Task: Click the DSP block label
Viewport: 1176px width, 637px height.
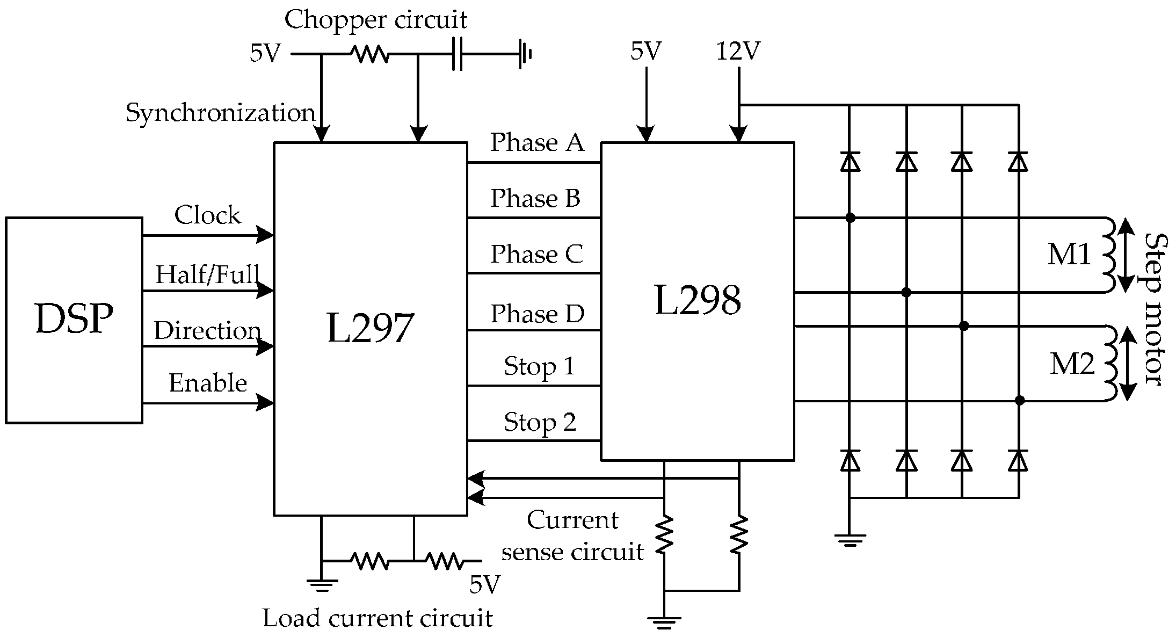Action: coord(74,319)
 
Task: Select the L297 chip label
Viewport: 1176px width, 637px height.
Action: coord(370,329)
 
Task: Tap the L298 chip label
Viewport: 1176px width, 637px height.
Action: coord(697,300)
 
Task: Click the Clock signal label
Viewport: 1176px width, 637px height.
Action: coord(207,215)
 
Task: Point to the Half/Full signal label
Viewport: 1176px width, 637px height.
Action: coord(207,275)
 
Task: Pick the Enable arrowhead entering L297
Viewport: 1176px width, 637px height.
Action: coord(265,402)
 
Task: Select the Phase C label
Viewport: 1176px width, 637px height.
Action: coord(536,254)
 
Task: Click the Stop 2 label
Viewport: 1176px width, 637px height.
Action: coord(540,422)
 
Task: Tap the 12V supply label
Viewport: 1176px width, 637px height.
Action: coord(738,52)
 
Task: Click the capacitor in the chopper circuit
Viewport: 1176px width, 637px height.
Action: coord(457,54)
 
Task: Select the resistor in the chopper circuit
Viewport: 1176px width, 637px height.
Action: coord(370,54)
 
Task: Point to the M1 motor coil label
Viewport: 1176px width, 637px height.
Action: coord(1069,254)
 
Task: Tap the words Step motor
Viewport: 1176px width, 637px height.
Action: coord(1155,309)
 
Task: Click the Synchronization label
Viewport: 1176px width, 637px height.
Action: coord(220,113)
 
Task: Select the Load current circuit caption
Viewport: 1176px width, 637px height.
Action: coord(378,618)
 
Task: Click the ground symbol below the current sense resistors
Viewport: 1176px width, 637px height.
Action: coord(664,622)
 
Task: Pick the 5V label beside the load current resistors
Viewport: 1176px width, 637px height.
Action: coord(484,585)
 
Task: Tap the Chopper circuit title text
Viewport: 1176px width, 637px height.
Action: coord(375,20)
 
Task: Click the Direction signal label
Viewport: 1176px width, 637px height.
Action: coord(207,331)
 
